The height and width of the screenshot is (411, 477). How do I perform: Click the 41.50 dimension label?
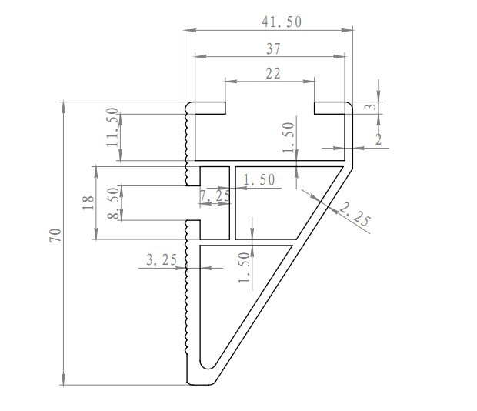coord(282,22)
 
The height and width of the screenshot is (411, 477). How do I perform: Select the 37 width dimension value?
coord(273,48)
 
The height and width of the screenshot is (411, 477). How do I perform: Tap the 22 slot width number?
coord(273,74)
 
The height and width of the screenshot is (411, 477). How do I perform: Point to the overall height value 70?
coord(55,236)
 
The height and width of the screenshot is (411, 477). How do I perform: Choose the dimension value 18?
coord(88,202)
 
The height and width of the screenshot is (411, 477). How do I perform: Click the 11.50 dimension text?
coord(112,127)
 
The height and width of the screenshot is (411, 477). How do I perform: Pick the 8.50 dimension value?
coord(114,203)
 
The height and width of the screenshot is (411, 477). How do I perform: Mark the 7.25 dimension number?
coord(215,195)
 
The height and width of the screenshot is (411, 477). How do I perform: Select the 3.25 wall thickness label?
coord(162,260)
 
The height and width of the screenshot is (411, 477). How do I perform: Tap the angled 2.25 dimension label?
coord(355,215)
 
